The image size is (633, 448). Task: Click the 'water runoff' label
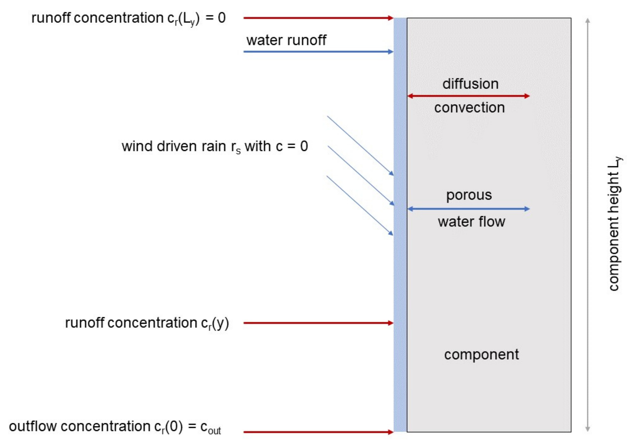coord(286,40)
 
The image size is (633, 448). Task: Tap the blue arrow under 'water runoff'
coord(317,52)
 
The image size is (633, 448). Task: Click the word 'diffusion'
coord(470,84)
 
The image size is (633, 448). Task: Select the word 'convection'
coord(470,108)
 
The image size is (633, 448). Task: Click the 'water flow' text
coord(471,222)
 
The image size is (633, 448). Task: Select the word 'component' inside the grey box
coord(481,355)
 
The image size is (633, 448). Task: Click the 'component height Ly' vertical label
coord(614,223)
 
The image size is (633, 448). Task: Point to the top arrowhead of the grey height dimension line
coord(588,21)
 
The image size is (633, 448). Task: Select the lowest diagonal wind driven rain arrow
coord(359,205)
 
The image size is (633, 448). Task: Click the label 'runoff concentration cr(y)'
coord(147,323)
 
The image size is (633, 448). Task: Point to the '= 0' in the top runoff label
coord(216,18)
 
